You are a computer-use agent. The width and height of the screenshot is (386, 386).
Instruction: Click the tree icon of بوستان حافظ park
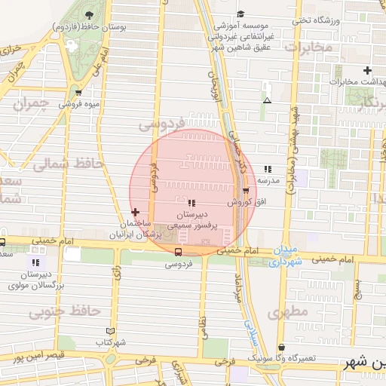[x=90, y=15]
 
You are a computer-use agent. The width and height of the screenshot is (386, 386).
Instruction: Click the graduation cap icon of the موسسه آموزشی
[x=240, y=14]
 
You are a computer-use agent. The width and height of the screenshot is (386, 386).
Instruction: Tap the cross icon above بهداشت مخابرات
[x=367, y=69]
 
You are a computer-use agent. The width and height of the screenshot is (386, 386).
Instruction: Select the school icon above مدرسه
[x=267, y=170]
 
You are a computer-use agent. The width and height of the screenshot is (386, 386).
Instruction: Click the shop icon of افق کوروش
[x=245, y=191]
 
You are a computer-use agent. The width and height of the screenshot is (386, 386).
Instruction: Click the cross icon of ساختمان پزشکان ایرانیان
[x=136, y=213]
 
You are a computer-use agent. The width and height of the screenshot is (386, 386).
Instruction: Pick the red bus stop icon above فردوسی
[x=179, y=253]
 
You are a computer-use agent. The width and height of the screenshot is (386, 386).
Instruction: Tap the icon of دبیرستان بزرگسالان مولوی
[x=35, y=263]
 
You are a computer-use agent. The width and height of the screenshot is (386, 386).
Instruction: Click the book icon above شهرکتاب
[x=111, y=331]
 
